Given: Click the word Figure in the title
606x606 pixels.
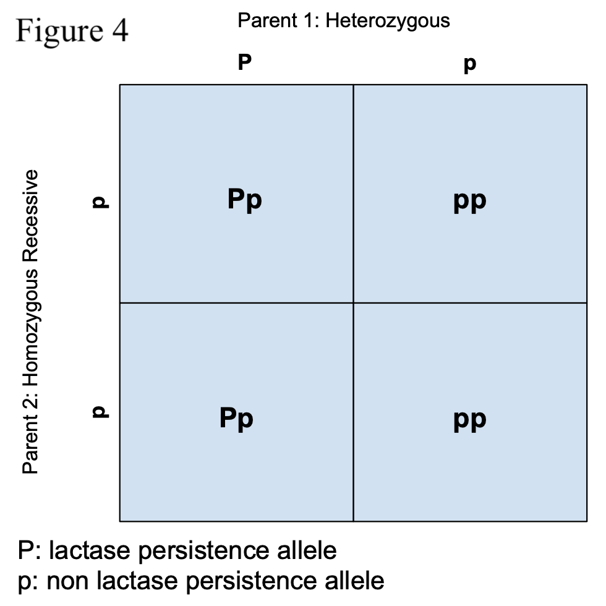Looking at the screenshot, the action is click(59, 32).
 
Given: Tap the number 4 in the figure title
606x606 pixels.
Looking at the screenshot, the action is click(120, 30).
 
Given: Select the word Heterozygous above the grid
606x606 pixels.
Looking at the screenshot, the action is click(388, 21).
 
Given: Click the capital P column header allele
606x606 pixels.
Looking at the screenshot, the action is click(245, 62).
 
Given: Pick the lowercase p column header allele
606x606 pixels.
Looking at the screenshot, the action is click(470, 64).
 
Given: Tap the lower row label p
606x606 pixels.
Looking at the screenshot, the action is click(100, 412).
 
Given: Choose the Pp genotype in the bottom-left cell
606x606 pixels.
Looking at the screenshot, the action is click(236, 419).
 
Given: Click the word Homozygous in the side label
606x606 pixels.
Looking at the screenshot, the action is click(31, 328).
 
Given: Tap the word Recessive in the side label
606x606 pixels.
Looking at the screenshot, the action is click(30, 216).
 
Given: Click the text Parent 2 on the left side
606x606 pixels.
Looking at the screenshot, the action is click(30, 433).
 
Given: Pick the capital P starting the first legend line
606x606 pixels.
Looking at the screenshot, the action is click(26, 550).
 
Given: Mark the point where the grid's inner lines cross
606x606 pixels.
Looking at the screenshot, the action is click(353, 302).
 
